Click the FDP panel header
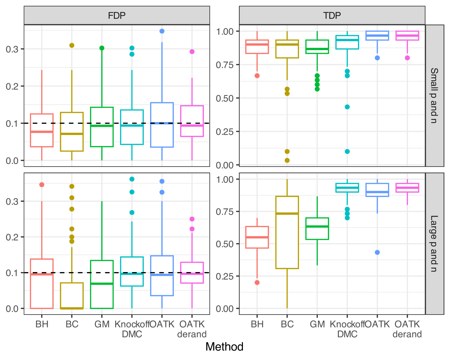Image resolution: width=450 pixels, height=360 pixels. (117, 15)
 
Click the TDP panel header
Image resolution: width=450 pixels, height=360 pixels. (332, 15)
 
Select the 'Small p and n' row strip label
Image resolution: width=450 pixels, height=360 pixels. (434, 96)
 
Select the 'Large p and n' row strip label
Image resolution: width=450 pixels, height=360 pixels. (434, 244)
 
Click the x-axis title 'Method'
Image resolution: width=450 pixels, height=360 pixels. (224, 347)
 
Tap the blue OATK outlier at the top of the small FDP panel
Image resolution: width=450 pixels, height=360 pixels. (162, 31)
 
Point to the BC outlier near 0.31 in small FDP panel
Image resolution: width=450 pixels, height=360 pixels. (72, 45)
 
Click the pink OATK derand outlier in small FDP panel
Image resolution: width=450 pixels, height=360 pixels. (192, 52)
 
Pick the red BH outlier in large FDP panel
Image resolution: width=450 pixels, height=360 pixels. (42, 185)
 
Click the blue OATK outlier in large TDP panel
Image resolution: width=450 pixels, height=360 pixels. (377, 252)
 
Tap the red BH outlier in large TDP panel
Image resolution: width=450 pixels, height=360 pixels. (257, 283)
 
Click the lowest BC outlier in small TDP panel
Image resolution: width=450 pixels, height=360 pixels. (287, 161)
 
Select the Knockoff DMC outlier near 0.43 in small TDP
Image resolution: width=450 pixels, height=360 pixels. (347, 107)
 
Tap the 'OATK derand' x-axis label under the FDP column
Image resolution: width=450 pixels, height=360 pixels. (192, 329)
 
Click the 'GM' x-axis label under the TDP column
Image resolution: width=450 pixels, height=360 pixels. (317, 324)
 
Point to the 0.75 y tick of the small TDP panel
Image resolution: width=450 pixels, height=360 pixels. (225, 65)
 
